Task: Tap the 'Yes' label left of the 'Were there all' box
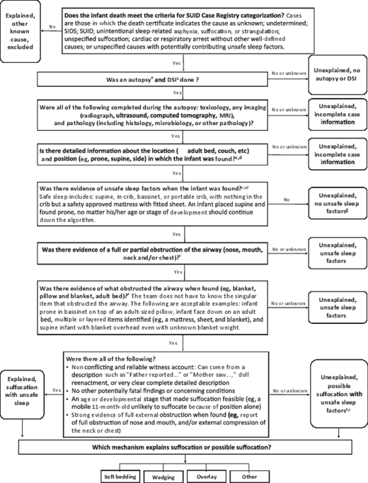pos(55,389)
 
